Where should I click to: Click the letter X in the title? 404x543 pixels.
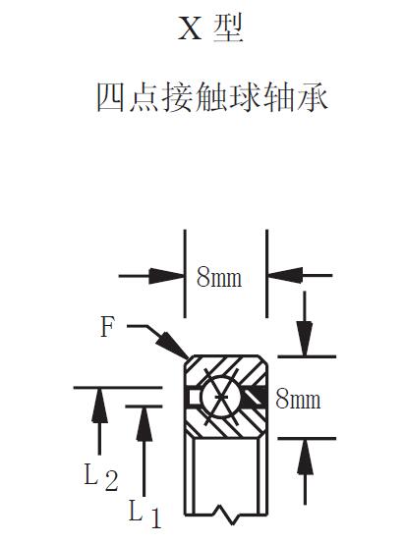[x=189, y=30]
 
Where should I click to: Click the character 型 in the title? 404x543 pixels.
[x=227, y=30]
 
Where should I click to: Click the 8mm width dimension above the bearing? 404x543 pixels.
[x=220, y=278]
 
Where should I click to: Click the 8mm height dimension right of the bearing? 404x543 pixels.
[x=298, y=400]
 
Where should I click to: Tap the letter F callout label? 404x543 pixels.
[x=107, y=327]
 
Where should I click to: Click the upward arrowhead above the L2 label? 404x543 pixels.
[x=98, y=402]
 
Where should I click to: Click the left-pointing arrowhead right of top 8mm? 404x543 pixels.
[x=282, y=277]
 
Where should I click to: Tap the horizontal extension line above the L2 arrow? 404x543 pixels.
[x=108, y=387]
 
